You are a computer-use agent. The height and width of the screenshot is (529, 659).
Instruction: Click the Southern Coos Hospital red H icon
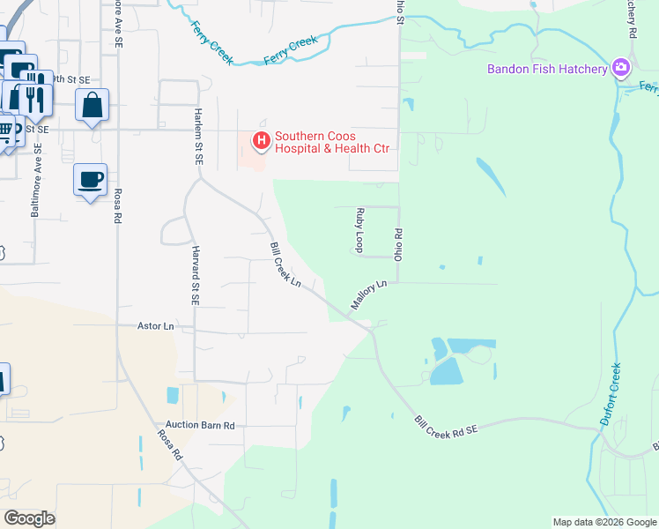coord(261,140)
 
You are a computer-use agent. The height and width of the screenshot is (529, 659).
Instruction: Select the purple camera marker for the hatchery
coord(621,68)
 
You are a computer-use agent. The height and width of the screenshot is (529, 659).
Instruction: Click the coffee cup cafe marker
coord(90,180)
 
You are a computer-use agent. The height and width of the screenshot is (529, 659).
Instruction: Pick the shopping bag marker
coord(92,106)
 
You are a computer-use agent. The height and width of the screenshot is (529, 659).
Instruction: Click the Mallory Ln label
coord(369,295)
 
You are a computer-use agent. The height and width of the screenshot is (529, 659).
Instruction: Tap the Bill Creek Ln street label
coord(285,265)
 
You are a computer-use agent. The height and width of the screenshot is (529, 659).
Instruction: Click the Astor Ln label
coord(156,326)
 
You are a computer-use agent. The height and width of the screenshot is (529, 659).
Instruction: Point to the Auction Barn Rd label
coord(197,425)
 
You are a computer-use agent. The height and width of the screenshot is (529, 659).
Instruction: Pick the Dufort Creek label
coord(611,395)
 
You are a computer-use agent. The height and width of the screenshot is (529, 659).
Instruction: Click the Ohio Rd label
coord(398,244)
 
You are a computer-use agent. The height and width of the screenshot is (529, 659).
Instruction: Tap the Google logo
coord(29,518)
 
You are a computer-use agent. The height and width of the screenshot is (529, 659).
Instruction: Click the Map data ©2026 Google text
coord(603,522)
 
